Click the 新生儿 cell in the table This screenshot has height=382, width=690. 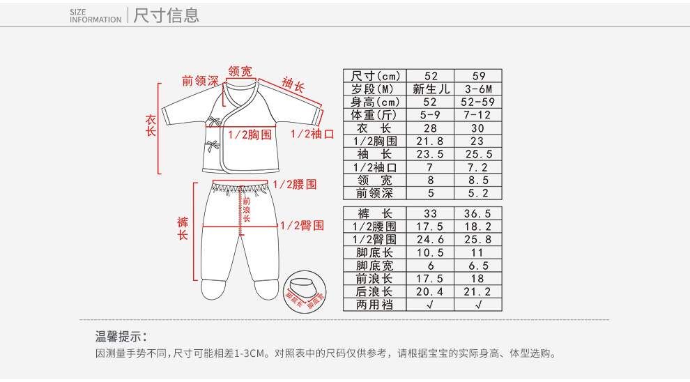tap(431, 89)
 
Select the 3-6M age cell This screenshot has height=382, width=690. tap(478, 89)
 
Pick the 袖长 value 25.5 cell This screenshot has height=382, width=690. tap(478, 154)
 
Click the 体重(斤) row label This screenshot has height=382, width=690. tap(374, 115)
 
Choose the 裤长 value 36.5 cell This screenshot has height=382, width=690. tap(478, 213)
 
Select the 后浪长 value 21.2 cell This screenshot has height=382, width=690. tap(478, 291)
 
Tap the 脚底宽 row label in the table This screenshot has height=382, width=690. tap(374, 266)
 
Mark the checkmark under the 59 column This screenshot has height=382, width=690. tap(478, 305)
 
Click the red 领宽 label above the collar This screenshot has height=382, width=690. tap(240, 71)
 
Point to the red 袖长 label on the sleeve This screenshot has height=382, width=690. tap(293, 86)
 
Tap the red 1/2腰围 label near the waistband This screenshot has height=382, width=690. tap(295, 184)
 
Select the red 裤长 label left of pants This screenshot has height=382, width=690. tap(183, 229)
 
